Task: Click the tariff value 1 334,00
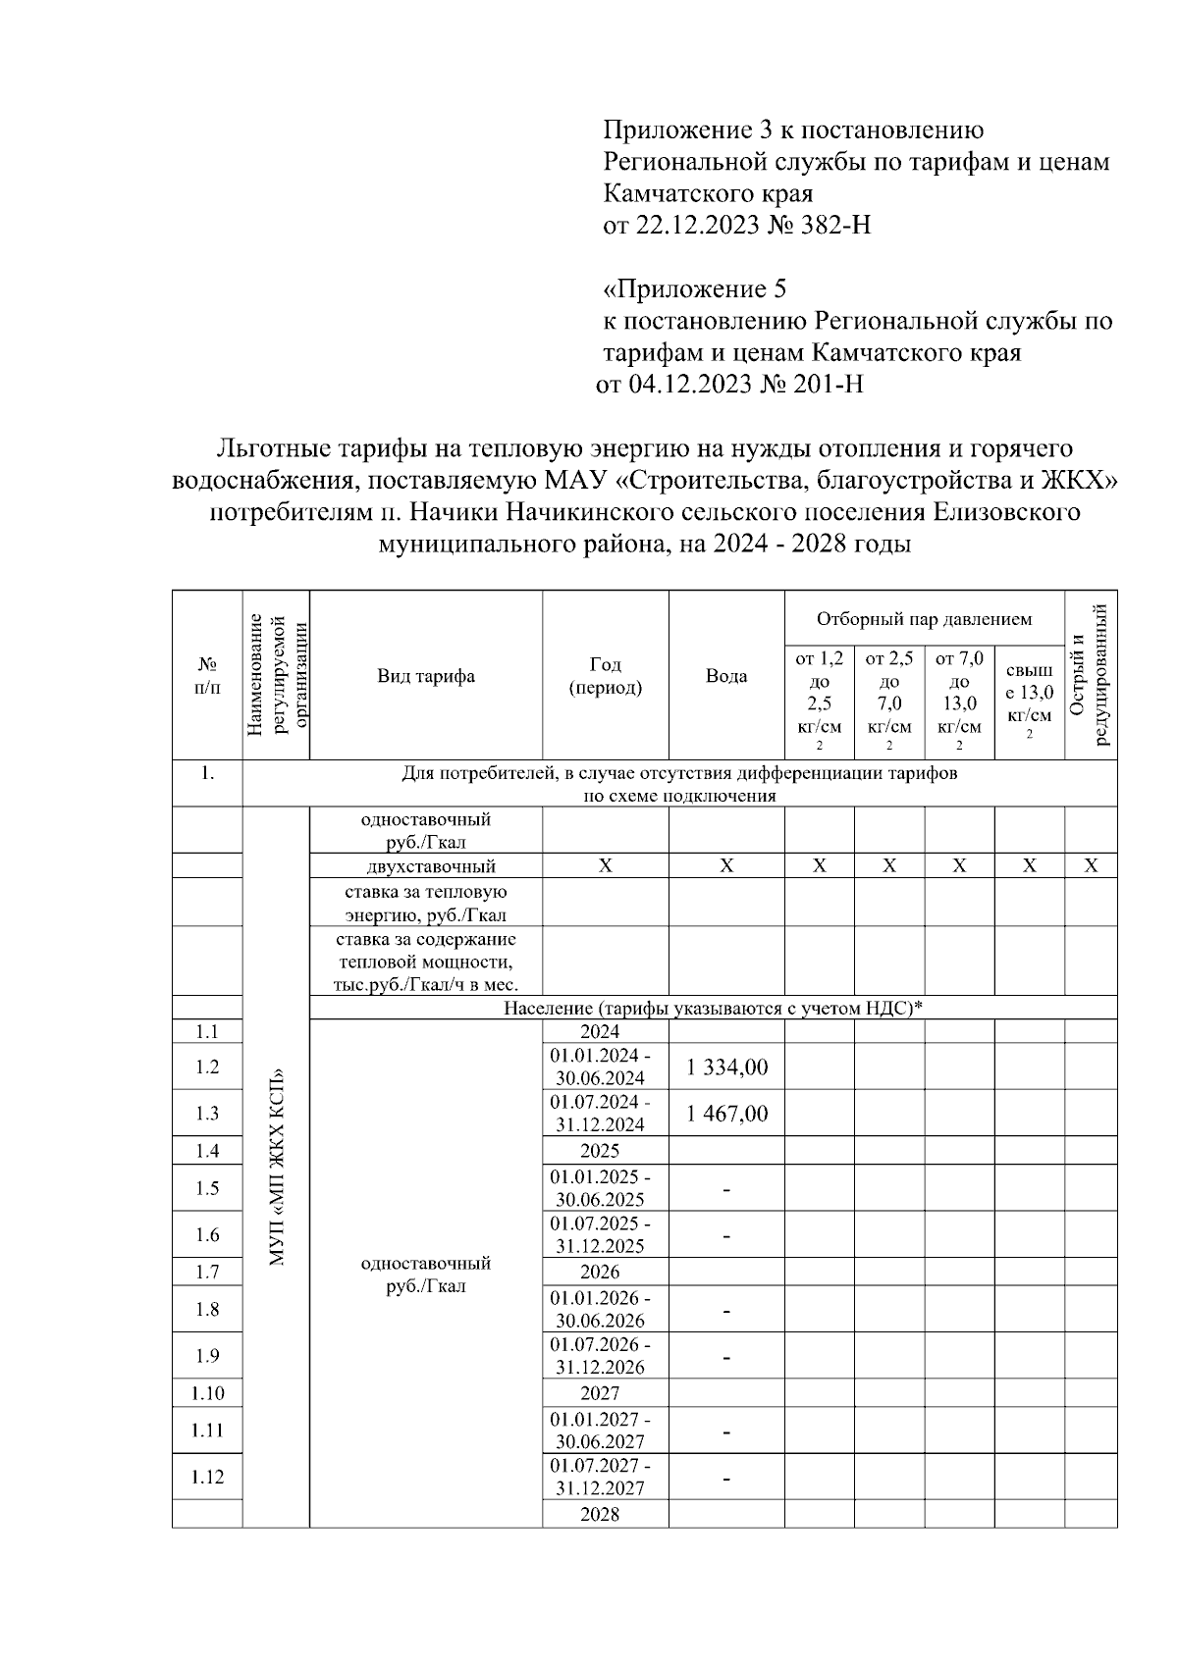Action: coord(726,1067)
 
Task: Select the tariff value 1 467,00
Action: coord(726,1114)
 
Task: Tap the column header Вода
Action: coord(726,676)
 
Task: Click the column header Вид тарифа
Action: coord(426,676)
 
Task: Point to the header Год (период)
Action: coord(606,676)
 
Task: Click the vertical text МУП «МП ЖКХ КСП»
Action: coord(276,1165)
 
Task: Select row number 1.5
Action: coord(207,1188)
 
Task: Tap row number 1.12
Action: coord(207,1477)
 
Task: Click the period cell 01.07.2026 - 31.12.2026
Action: coord(600,1356)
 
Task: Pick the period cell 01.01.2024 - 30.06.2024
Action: coord(600,1067)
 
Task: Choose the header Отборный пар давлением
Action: coord(924,619)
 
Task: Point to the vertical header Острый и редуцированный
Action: coord(1091,676)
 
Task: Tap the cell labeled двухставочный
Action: coord(426,866)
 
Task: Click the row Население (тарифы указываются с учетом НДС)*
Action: coord(714,1008)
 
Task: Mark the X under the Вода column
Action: coord(726,866)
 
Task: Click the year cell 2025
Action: coord(600,1150)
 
